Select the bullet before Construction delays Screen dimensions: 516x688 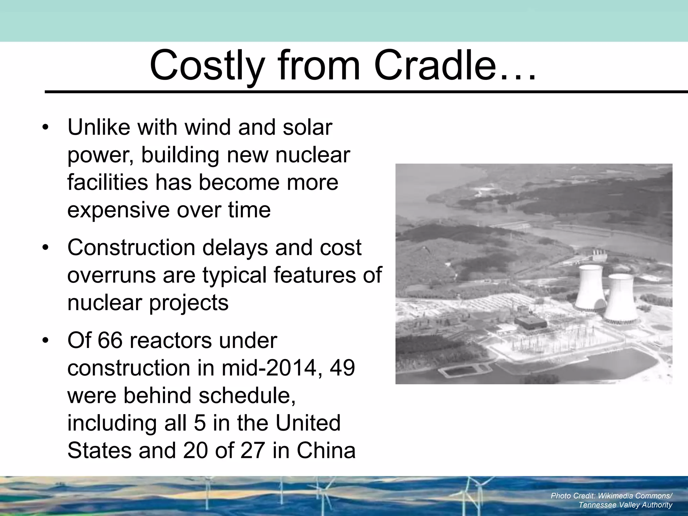(46, 248)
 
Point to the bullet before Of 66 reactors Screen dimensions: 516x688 (46, 341)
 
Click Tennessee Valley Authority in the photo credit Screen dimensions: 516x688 (625, 505)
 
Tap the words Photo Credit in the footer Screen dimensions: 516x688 (573, 496)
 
